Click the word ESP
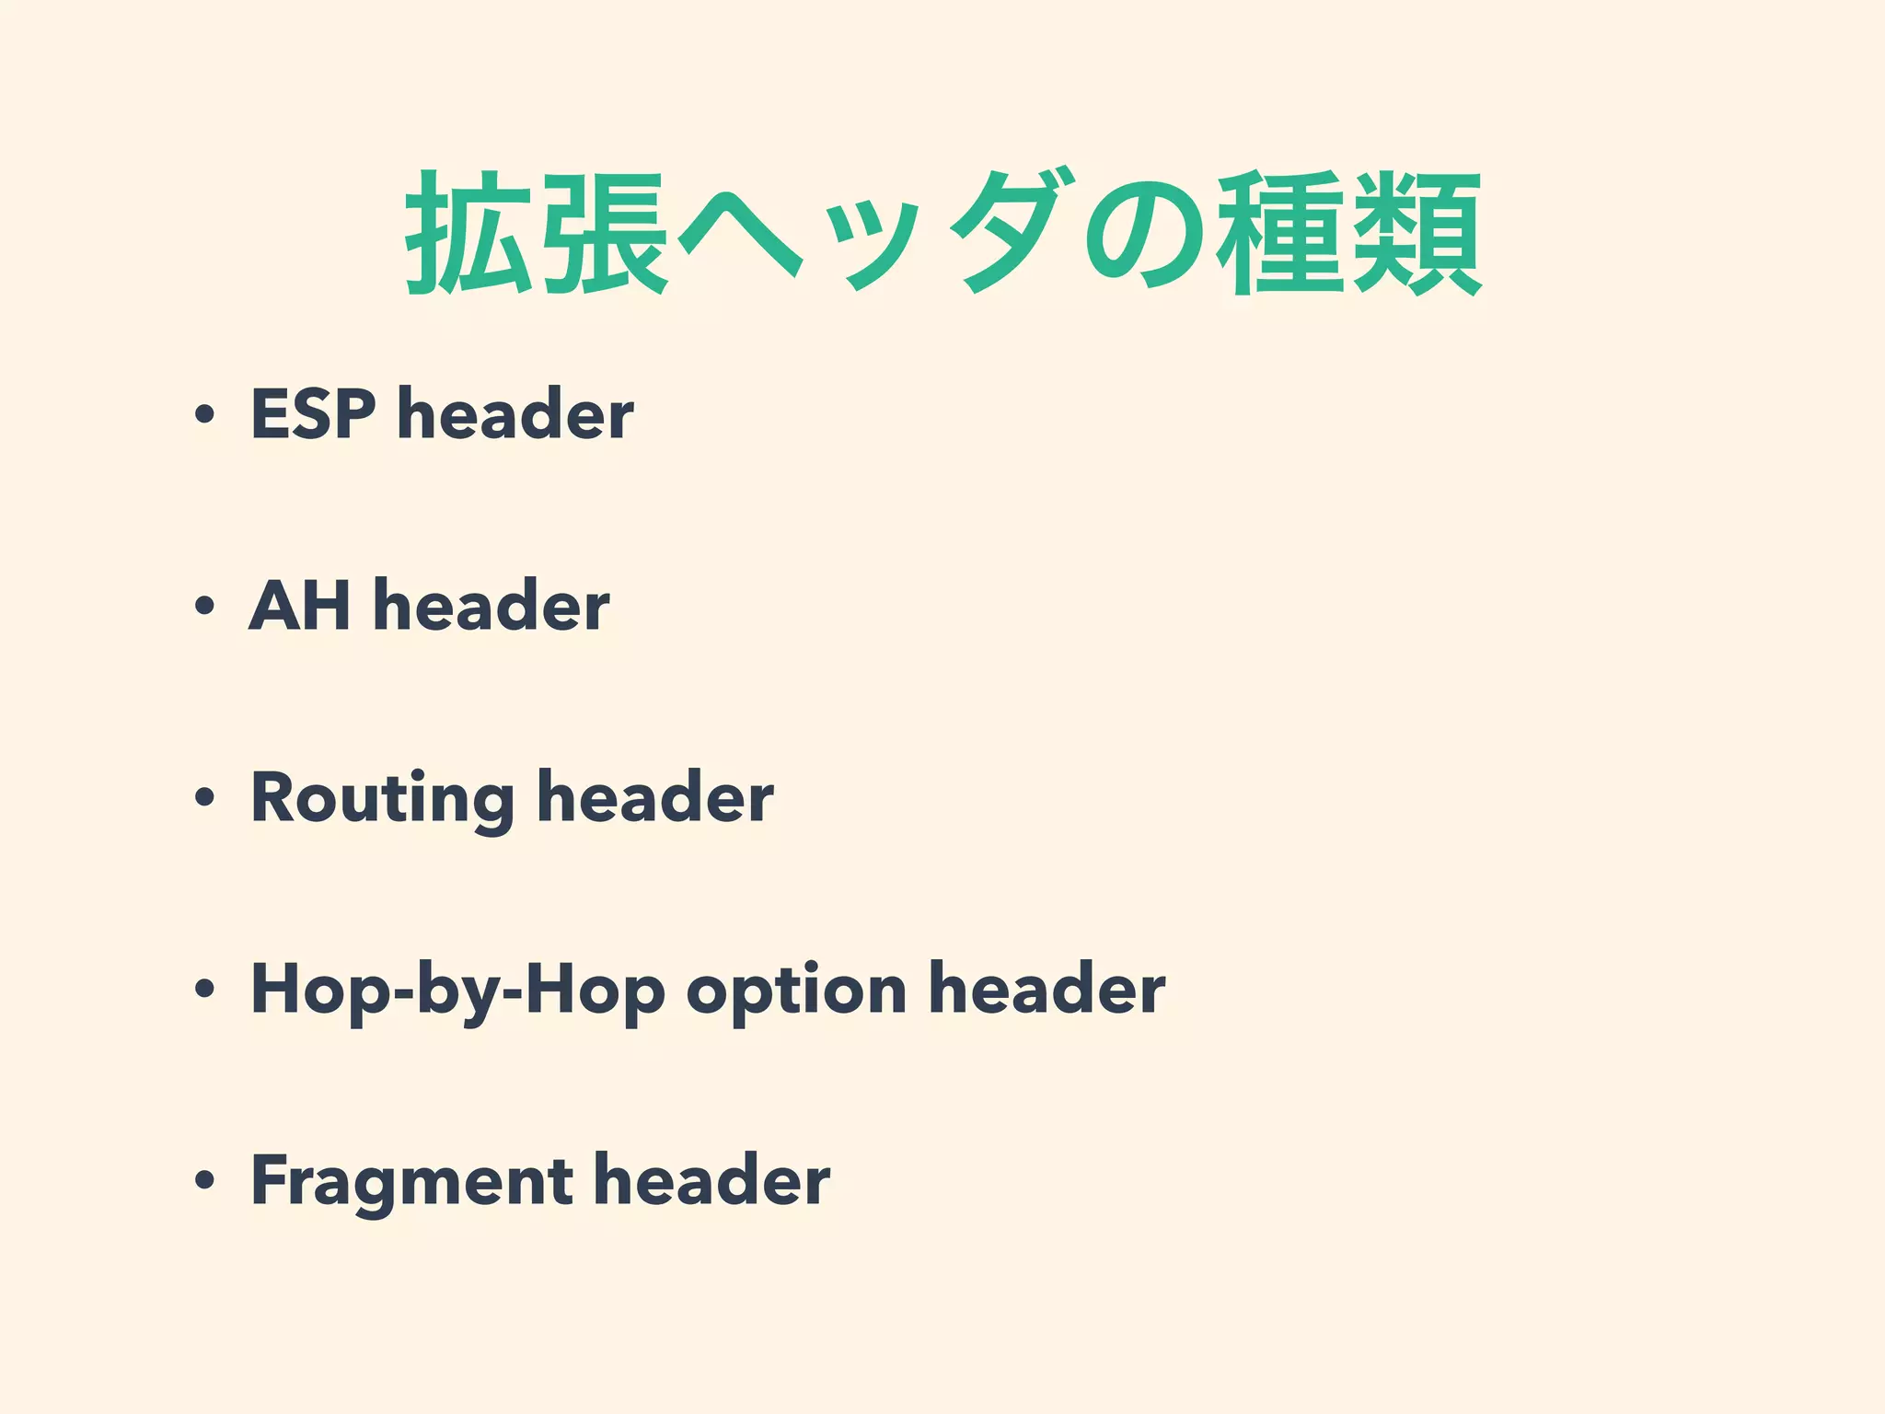click(x=313, y=414)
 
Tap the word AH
click(x=300, y=606)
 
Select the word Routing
click(x=383, y=798)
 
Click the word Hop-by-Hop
click(x=457, y=991)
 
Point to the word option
click(x=796, y=991)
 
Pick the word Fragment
click(x=411, y=1181)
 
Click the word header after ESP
click(x=515, y=414)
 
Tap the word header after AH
click(x=491, y=606)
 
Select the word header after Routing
click(x=655, y=798)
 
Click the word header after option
click(x=1047, y=991)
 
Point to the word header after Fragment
click(x=711, y=1181)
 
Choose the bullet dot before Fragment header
click(x=204, y=1182)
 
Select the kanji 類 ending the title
click(x=1417, y=233)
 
